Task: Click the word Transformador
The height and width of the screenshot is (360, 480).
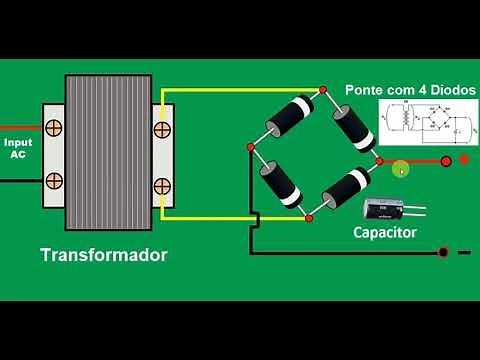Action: click(x=103, y=255)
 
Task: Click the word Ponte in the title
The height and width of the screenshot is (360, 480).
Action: click(x=366, y=90)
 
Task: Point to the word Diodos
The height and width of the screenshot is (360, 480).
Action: click(x=449, y=90)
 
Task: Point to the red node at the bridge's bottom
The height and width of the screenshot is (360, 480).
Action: click(x=308, y=217)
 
